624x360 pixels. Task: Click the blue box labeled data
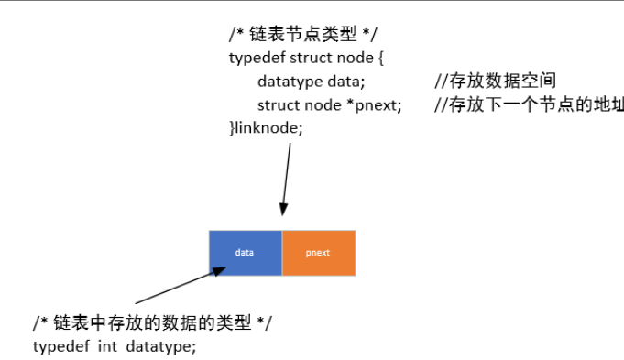(245, 252)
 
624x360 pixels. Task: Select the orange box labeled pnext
(318, 252)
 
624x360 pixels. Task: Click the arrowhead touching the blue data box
(219, 269)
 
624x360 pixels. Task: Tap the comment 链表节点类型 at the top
(302, 34)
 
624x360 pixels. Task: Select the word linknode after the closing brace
(268, 127)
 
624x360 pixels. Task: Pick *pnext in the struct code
(378, 104)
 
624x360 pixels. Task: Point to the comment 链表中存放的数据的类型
(152, 323)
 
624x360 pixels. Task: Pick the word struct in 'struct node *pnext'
(279, 104)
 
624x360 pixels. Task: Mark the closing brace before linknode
(232, 127)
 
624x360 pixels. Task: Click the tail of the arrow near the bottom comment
(137, 302)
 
